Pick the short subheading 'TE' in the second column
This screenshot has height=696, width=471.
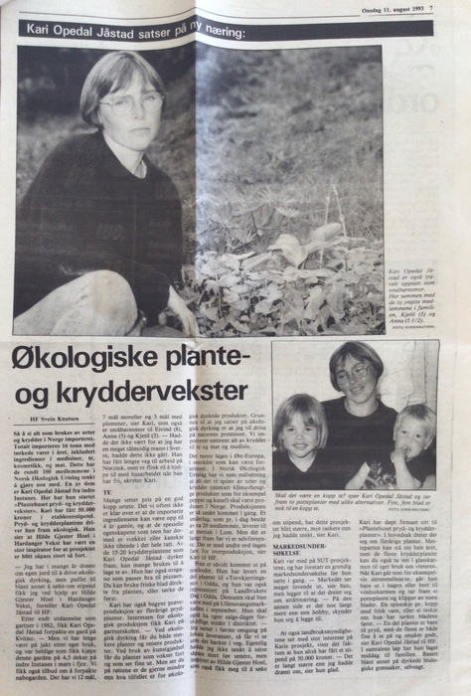point(108,490)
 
